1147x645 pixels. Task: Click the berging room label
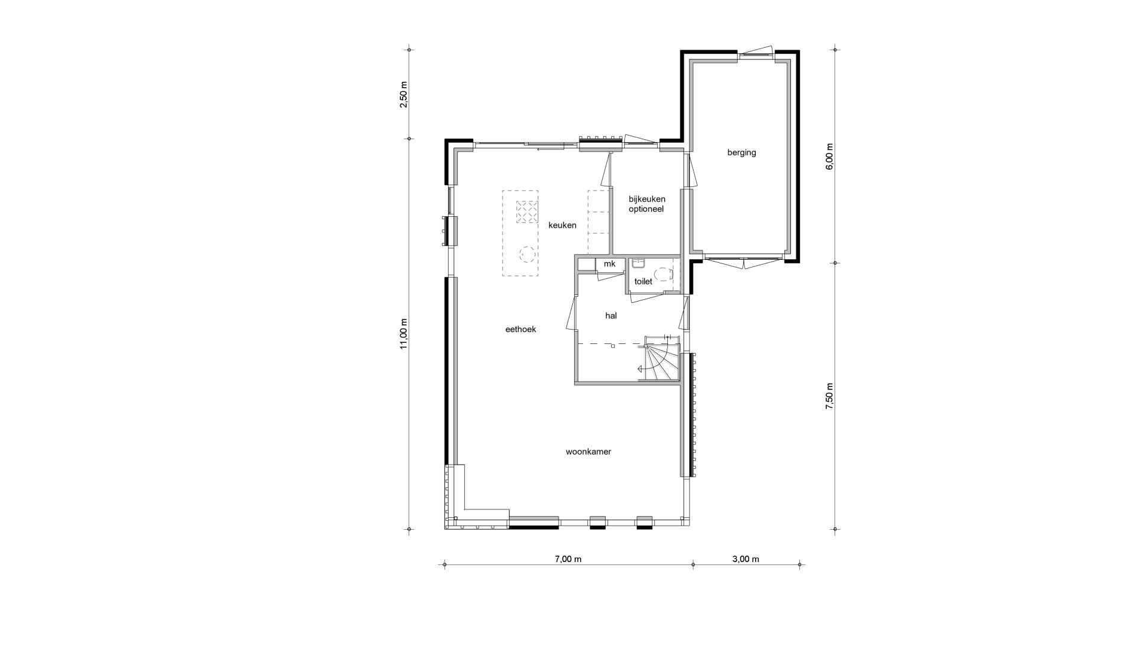741,152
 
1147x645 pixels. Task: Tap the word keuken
563,225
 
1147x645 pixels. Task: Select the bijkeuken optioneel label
647,204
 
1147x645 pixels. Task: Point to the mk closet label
609,264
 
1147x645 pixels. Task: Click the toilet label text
643,281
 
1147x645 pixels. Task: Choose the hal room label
611,316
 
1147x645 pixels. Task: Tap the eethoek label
521,329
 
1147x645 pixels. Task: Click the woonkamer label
588,452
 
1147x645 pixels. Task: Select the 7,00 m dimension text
568,559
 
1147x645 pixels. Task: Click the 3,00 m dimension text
746,559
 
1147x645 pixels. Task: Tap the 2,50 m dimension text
404,94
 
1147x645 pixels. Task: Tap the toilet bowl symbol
664,274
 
